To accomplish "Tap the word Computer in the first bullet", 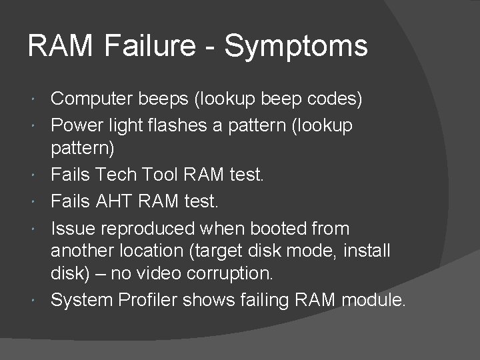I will point(93,99).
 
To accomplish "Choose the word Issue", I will point(73,229).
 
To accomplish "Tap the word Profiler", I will point(152,301).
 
